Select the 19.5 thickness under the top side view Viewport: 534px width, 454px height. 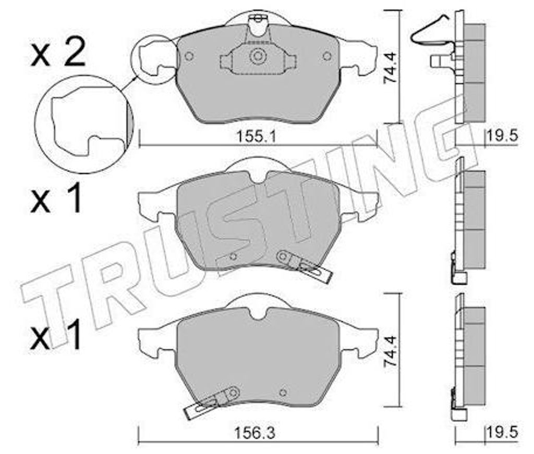pos(503,136)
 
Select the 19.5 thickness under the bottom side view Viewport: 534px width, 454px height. pos(503,433)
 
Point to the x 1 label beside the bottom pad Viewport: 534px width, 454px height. pos(56,334)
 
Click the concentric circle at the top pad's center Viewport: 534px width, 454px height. pos(258,56)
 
